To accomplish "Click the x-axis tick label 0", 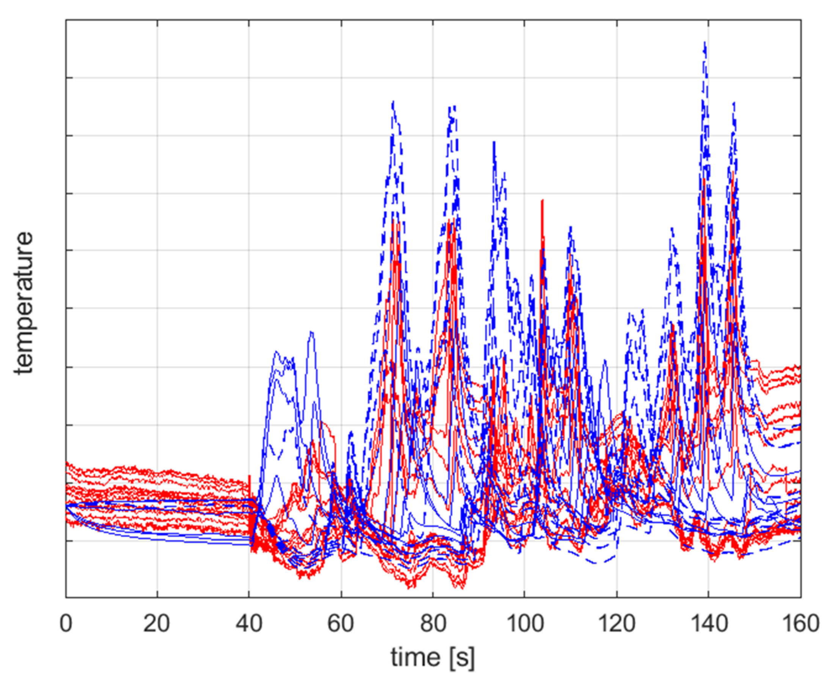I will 66,623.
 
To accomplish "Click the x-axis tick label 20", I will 157,623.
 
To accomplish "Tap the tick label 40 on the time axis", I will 249,623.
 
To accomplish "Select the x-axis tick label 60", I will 341,623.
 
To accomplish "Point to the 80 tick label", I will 433,623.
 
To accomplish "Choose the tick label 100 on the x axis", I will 524,623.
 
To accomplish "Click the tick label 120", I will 616,623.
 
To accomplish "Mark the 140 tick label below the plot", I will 709,623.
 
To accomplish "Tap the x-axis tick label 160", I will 801,623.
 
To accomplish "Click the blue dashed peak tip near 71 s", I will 393,102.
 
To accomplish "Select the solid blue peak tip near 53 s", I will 311,332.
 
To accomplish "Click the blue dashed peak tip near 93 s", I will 494,142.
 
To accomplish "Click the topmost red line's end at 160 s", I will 800,366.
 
